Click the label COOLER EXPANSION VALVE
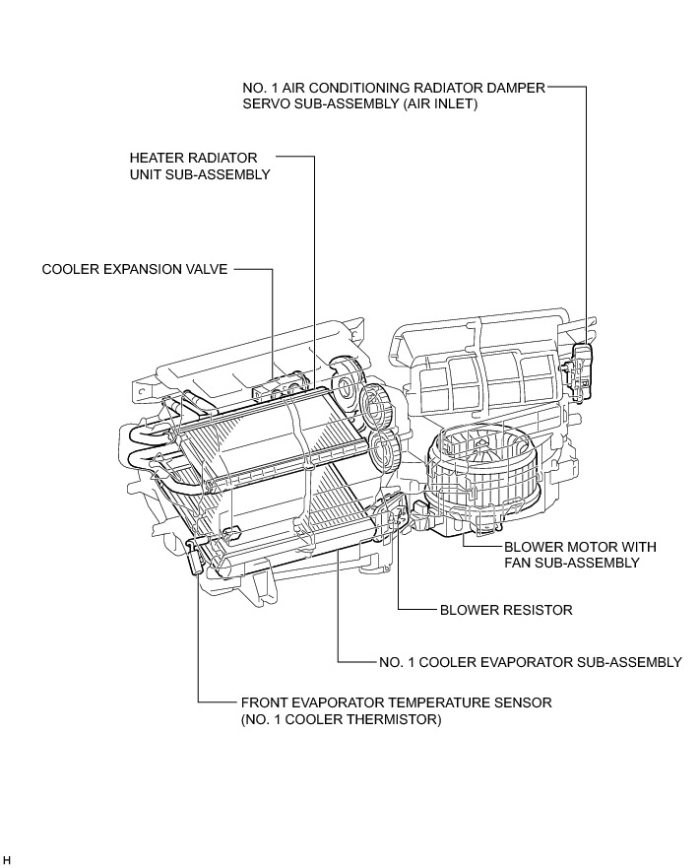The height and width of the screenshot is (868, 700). (x=135, y=269)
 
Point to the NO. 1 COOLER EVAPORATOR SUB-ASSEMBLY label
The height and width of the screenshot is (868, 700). (x=530, y=662)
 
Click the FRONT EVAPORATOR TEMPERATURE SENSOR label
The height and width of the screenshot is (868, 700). (x=396, y=702)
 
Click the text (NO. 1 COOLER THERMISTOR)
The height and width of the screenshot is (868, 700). (x=341, y=720)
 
